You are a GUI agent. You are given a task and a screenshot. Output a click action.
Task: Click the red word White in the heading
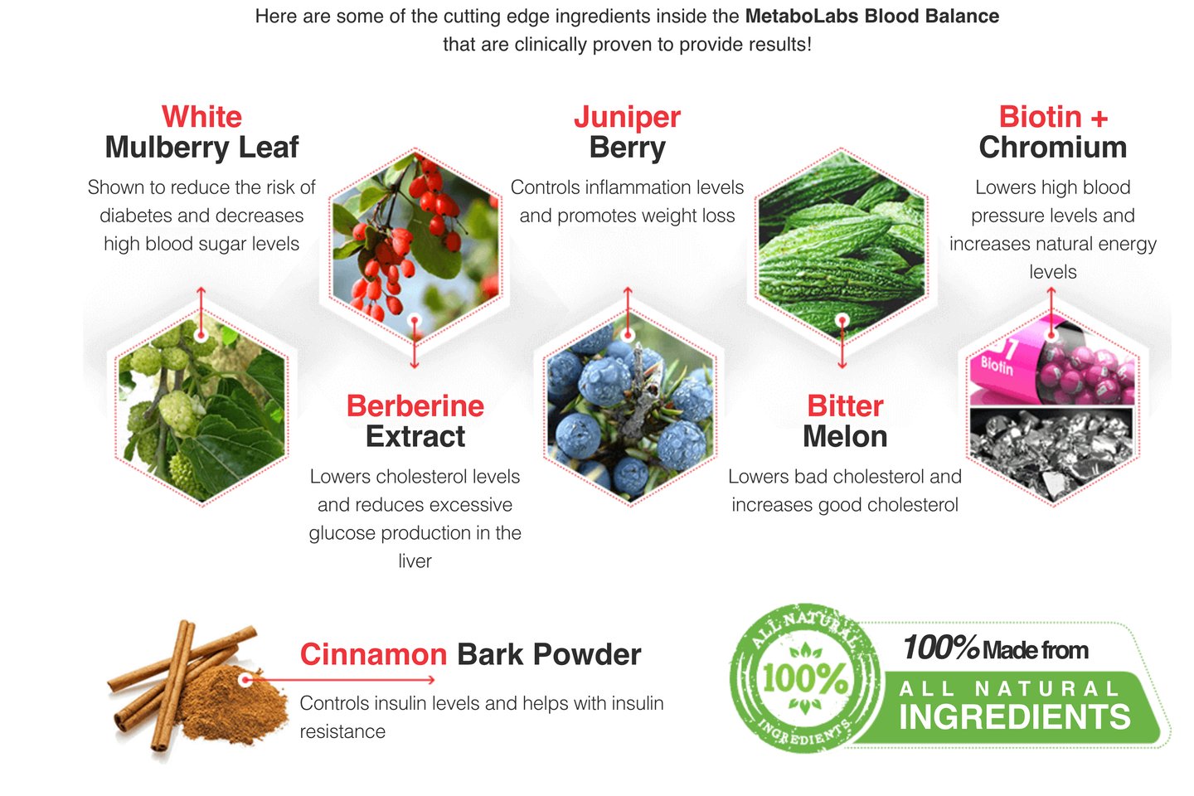coord(201,117)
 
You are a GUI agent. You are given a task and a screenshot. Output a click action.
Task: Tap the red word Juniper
coord(627,117)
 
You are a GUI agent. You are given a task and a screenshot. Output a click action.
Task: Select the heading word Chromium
coord(1052,148)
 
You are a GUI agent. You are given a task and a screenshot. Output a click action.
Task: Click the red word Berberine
coord(415,405)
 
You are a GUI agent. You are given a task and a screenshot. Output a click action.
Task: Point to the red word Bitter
coord(844,405)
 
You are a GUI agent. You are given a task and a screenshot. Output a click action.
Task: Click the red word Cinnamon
coord(373,654)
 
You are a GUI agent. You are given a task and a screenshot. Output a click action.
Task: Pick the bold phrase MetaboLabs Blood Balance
coord(871,16)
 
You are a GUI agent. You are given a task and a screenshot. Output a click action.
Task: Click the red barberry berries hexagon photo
coord(415,240)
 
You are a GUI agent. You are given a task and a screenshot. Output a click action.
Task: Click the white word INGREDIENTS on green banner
coord(1014,717)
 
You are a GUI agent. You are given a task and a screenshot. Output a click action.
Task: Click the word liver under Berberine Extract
coord(415,561)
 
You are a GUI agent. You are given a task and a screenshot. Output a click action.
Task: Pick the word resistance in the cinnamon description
coord(342,731)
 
